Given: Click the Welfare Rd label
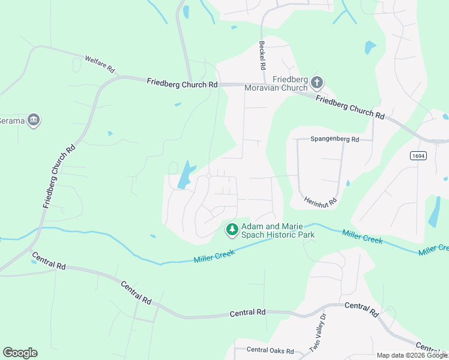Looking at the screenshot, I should pyautogui.click(x=100, y=64).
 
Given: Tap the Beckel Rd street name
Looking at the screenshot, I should pyautogui.click(x=262, y=54).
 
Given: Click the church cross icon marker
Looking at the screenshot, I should pyautogui.click(x=317, y=82).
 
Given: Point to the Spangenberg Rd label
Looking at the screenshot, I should pyautogui.click(x=334, y=139).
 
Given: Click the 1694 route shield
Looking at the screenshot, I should pyautogui.click(x=419, y=155).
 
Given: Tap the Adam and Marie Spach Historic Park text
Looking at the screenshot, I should pyautogui.click(x=278, y=231).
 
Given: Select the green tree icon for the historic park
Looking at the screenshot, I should pyautogui.click(x=232, y=229).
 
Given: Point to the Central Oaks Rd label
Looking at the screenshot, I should pyautogui.click(x=270, y=350).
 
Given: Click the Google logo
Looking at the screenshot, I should pyautogui.click(x=20, y=353).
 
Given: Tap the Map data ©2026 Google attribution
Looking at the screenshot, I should pyautogui.click(x=412, y=355).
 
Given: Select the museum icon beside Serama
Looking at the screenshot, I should pyautogui.click(x=34, y=120).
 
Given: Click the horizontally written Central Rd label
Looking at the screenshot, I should pyautogui.click(x=248, y=313).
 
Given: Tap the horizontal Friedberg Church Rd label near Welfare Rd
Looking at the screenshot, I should pyautogui.click(x=182, y=85).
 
